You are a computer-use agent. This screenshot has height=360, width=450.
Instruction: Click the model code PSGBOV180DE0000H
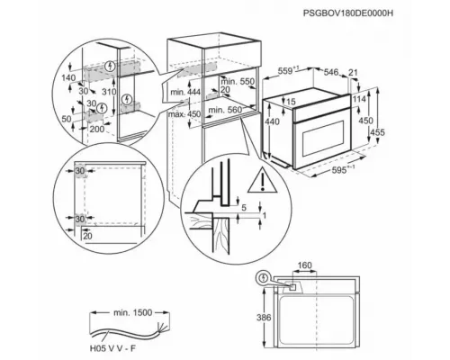point(348,13)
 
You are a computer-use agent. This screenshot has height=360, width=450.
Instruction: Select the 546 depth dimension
point(331,72)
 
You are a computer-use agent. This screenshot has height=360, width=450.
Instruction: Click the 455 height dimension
point(377,132)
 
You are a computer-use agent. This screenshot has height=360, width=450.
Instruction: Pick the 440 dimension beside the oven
point(272,121)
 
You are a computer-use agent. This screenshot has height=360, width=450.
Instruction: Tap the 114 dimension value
point(359,99)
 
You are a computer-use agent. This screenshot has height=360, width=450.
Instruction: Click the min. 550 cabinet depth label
point(238,81)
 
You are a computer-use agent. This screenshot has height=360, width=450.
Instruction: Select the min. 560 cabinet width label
point(225,110)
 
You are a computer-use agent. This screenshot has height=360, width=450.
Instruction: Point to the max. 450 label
point(184,114)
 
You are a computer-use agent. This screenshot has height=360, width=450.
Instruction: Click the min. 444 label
point(185,92)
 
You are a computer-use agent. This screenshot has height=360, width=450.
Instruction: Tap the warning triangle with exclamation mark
point(262,180)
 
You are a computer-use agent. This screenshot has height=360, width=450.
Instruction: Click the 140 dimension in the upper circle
point(68,78)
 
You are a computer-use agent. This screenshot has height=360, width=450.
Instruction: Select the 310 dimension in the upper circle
point(109,92)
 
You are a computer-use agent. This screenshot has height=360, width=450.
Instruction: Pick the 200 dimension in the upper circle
point(97,129)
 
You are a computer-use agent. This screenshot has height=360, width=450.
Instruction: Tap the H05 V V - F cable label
point(112,348)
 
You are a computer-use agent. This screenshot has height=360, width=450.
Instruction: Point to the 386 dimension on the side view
point(264,318)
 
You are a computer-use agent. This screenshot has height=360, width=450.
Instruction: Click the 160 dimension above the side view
point(305,265)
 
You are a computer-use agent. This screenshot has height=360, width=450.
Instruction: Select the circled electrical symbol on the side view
point(264,278)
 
